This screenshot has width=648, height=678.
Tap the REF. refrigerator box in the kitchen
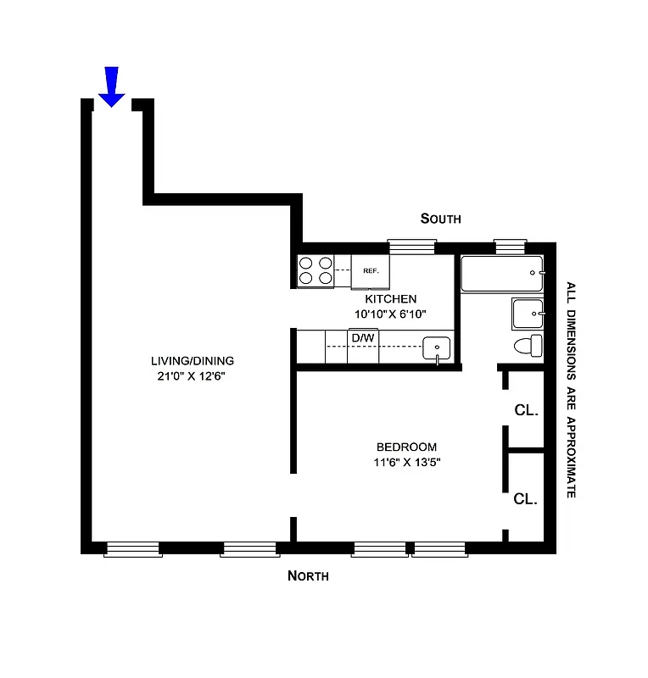(370, 271)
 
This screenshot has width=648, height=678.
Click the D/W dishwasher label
(362, 338)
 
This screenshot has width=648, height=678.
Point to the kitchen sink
(436, 348)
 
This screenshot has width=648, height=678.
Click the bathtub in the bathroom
(501, 274)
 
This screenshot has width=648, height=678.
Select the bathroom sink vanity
(527, 314)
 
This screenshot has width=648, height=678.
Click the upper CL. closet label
(526, 410)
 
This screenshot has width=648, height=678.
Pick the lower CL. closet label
(526, 499)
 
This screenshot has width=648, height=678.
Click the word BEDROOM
(406, 447)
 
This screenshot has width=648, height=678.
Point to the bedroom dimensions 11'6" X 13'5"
(406, 462)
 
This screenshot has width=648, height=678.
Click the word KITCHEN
(390, 298)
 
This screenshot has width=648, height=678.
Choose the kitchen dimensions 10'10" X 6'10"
(390, 314)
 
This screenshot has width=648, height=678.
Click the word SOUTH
(441, 219)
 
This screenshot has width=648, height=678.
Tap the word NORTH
(308, 576)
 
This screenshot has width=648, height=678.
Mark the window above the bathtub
(511, 247)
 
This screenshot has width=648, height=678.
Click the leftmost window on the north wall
(133, 550)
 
